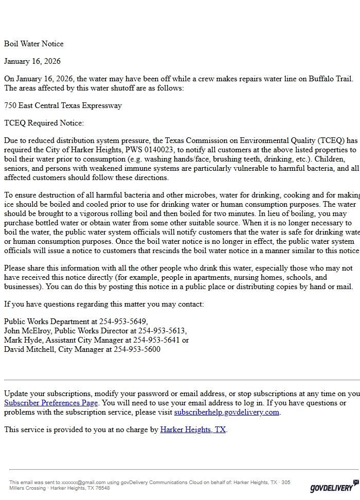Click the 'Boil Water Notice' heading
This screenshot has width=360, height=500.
click(34, 44)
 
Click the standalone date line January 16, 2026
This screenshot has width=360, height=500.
click(32, 61)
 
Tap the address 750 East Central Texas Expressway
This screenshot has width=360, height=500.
click(63, 105)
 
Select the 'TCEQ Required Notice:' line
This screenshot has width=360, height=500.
click(44, 123)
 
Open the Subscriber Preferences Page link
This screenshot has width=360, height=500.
click(51, 403)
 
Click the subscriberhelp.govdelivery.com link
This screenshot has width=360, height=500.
click(226, 412)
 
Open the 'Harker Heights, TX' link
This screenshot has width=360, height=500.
click(193, 430)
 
